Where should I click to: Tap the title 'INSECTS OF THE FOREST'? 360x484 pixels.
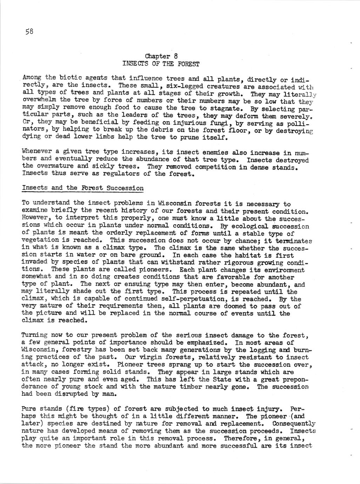[x=161, y=64]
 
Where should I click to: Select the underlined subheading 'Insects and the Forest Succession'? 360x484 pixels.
[x=83, y=188]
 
